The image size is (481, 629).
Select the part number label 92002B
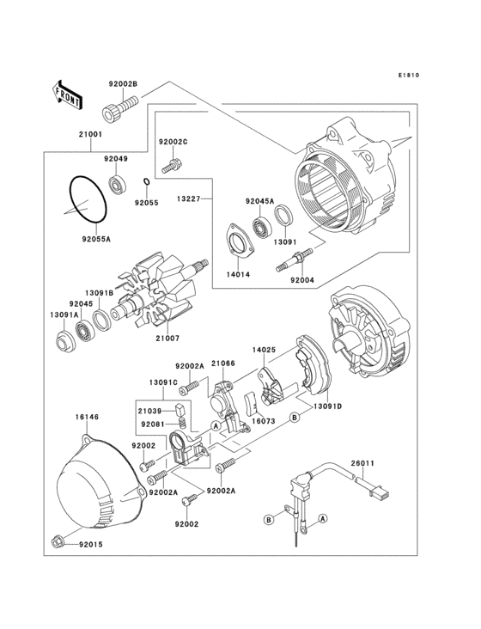click(123, 84)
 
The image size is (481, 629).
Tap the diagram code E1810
click(409, 75)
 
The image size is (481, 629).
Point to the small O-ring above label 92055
click(147, 182)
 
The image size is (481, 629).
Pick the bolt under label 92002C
click(173, 166)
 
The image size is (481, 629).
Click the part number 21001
click(90, 134)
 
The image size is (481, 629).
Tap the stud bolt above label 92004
click(295, 260)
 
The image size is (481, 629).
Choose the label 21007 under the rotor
click(167, 339)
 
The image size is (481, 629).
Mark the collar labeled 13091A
click(65, 342)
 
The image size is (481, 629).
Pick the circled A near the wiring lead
click(323, 518)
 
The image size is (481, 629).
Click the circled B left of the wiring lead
click(270, 520)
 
